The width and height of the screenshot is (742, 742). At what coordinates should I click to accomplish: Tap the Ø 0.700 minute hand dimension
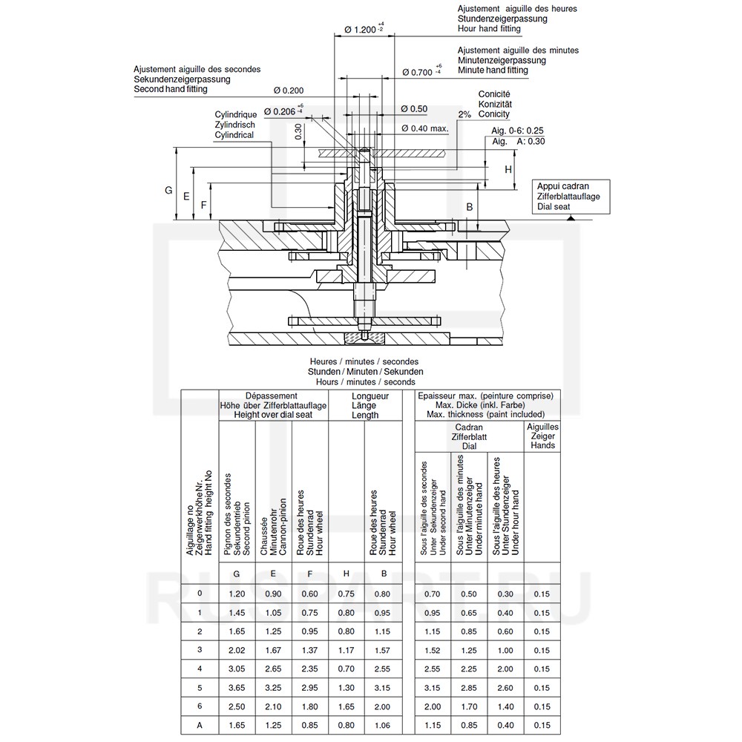click(421, 71)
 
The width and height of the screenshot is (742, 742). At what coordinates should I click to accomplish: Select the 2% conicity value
click(464, 115)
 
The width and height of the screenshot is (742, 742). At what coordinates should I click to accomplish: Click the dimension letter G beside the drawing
click(168, 191)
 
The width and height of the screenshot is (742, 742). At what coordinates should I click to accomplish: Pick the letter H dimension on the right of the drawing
click(508, 169)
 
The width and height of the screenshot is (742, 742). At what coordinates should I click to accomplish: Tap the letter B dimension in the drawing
click(470, 206)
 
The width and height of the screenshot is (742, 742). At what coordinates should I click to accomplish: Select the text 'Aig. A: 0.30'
click(519, 140)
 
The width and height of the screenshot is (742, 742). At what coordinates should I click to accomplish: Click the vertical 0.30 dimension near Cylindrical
click(298, 131)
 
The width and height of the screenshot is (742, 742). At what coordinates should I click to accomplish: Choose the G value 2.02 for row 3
click(237, 650)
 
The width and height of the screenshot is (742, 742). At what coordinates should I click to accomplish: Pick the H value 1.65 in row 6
click(346, 706)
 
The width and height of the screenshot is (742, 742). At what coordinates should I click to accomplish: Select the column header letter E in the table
click(273, 574)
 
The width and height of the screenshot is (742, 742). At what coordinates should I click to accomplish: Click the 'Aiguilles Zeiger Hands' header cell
click(542, 436)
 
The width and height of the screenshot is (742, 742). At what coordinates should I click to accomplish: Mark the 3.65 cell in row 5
click(237, 687)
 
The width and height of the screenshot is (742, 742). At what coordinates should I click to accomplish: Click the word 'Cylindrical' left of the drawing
click(234, 136)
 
